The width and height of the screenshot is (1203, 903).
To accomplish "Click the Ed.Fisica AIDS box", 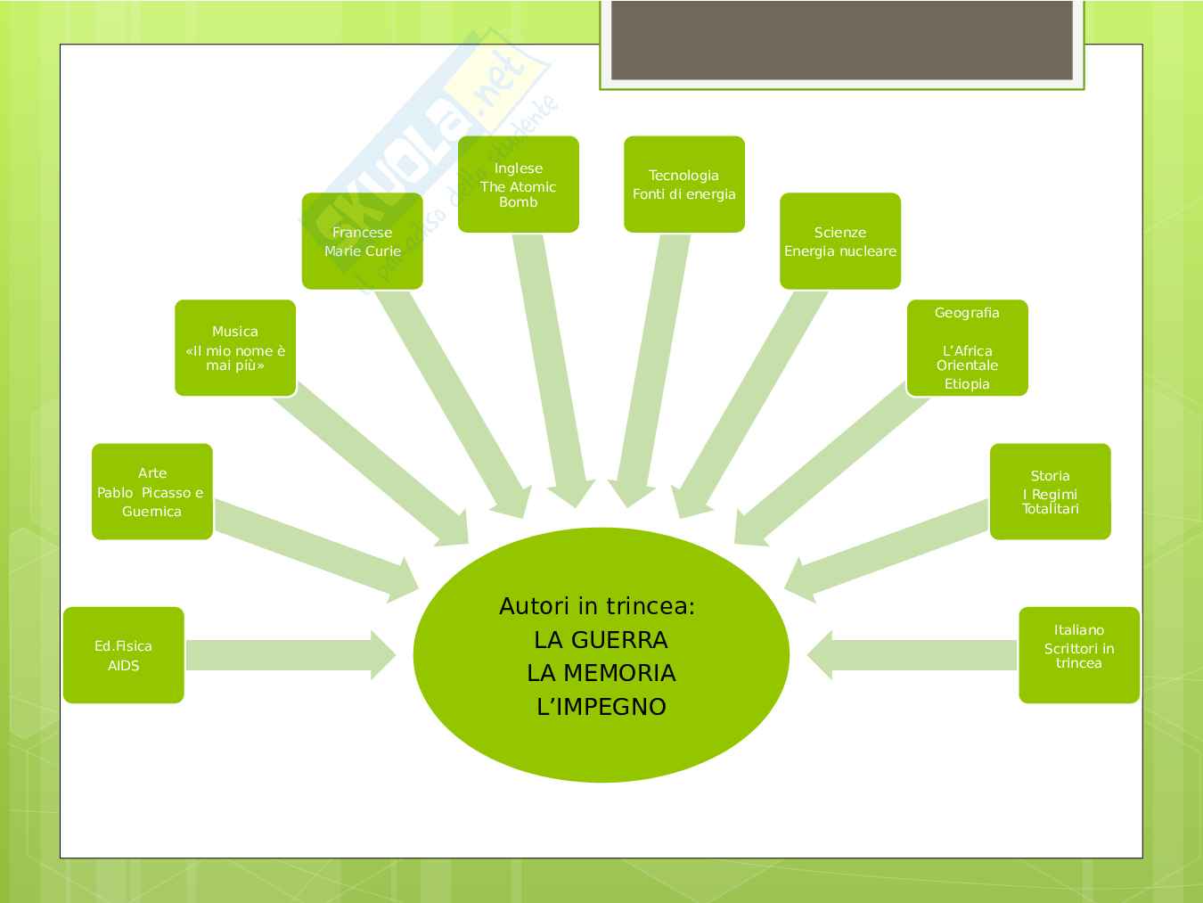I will [123, 655].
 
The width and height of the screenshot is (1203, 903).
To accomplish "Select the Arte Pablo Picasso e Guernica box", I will [151, 491].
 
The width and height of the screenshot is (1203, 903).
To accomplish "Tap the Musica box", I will [234, 348].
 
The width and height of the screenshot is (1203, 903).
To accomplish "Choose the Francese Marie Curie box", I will [362, 241].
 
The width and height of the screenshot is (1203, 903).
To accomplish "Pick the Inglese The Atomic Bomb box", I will [518, 185].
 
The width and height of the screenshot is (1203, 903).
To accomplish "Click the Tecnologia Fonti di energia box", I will [683, 185].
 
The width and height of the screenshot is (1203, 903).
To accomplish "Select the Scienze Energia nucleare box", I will [839, 241].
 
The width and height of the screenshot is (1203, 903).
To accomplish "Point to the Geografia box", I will [967, 348].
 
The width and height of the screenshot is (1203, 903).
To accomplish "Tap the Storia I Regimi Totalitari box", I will [1050, 491].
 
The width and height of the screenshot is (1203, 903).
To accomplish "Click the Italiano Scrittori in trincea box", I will [1078, 655].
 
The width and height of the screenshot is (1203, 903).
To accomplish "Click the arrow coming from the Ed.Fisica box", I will [285, 655].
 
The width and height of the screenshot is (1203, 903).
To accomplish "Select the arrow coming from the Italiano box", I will [918, 655].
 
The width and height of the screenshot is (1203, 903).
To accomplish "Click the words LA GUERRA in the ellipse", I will [601, 640].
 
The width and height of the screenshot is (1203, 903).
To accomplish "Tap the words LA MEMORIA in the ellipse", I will [601, 673].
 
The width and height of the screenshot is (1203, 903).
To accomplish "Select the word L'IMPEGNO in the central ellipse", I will [601, 707].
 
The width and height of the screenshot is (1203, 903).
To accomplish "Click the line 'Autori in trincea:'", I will [597, 606].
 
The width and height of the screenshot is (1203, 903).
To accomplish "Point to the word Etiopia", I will [967, 384].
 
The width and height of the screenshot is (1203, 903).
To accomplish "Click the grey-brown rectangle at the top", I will [841, 39].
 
